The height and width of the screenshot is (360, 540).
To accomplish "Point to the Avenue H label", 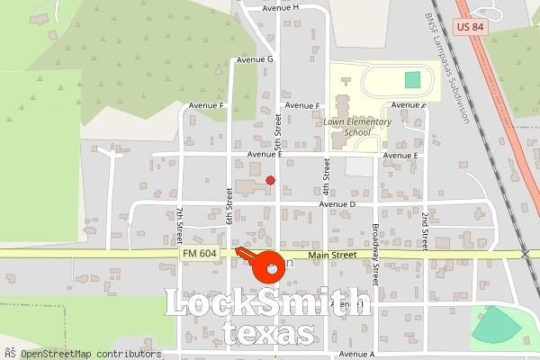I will [281, 7].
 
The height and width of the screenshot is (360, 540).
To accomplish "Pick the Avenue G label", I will [255, 59].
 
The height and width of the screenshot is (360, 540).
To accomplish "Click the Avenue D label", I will [339, 204].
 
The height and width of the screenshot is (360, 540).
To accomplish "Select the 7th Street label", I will [180, 224].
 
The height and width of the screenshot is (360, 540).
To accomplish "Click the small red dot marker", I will [270, 180].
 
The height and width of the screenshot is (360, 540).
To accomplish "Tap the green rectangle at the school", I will [412, 79].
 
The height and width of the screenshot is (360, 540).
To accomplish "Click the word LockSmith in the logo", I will [268, 303].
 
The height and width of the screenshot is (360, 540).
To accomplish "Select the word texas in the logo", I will [268, 334].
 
